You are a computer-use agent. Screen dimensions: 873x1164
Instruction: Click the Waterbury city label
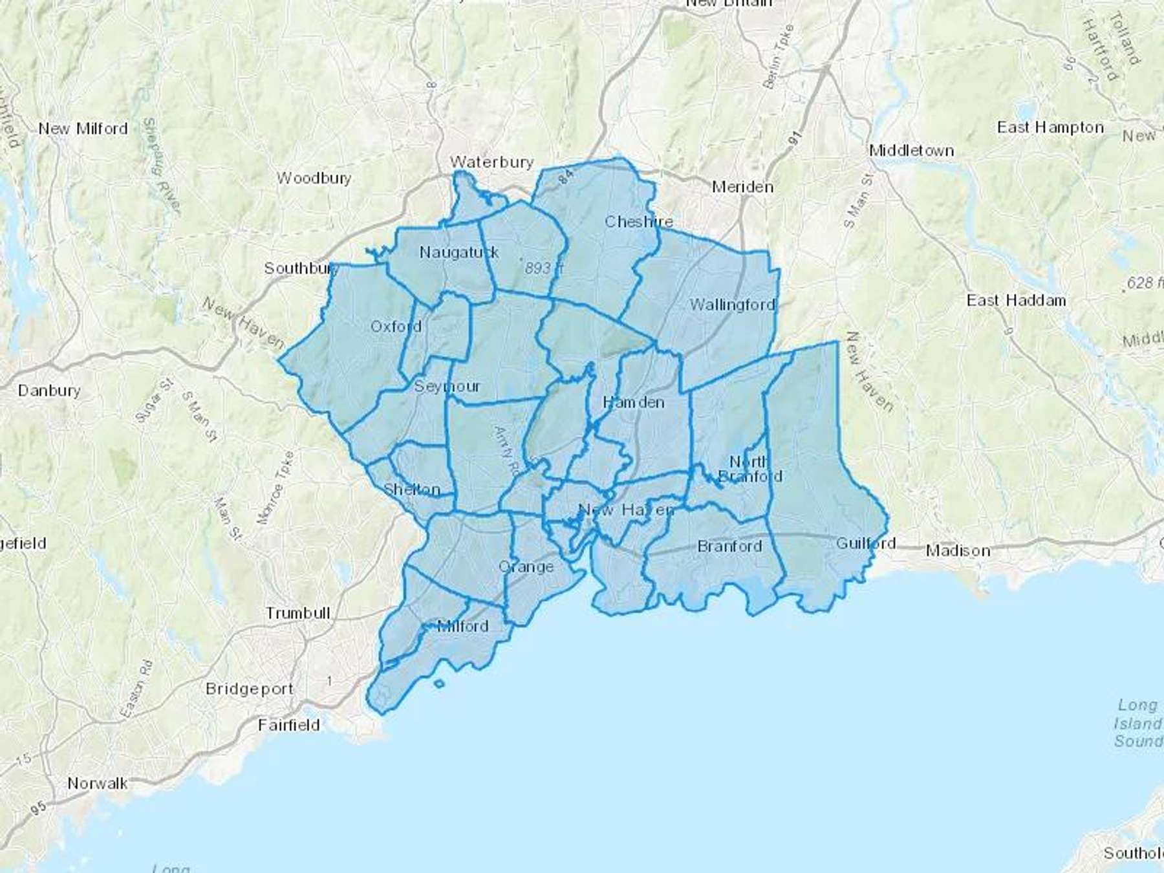click(491, 162)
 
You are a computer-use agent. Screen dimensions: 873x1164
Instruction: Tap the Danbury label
click(49, 391)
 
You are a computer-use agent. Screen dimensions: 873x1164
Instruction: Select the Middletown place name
click(911, 151)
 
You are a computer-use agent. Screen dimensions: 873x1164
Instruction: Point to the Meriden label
click(742, 187)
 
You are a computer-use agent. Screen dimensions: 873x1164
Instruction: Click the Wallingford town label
click(732, 305)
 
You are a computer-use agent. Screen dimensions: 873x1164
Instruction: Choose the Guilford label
click(865, 543)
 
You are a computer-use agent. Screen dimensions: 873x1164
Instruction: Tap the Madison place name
click(958, 551)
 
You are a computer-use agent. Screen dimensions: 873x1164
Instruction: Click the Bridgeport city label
click(249, 689)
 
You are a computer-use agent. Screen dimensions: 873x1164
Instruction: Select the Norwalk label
click(98, 784)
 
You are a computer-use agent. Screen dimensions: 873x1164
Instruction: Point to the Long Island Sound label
click(1137, 723)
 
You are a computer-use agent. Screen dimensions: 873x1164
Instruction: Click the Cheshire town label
click(638, 222)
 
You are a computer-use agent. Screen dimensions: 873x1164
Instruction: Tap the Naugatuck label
click(458, 252)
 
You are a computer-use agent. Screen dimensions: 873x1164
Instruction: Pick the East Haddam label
click(1016, 300)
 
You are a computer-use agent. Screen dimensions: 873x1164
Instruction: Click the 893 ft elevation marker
click(543, 268)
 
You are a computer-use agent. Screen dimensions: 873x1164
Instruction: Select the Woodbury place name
click(314, 178)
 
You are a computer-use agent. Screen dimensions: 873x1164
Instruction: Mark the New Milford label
click(83, 129)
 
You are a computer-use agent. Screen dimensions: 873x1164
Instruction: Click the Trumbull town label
click(297, 612)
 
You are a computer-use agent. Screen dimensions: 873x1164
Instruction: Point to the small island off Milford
click(439, 684)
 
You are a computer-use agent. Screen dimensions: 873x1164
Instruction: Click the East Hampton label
click(1050, 127)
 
